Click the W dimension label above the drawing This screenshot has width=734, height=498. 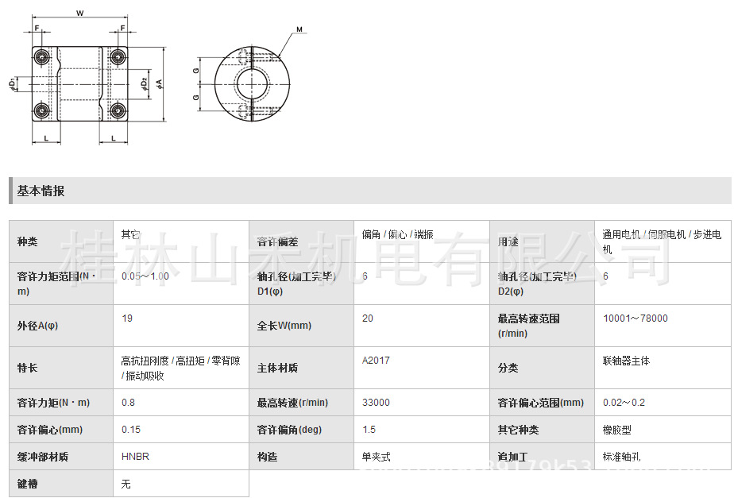coord(80,13)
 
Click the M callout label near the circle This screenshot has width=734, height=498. coord(299,30)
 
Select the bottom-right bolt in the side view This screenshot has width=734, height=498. coord(118,110)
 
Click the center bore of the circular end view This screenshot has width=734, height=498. coord(253,83)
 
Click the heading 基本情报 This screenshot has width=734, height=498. coord(41,191)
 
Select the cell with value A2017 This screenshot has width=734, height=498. coord(376,361)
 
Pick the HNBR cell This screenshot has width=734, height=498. coord(135,457)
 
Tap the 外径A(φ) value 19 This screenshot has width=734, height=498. coord(127,318)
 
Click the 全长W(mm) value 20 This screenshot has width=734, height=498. coord(368,318)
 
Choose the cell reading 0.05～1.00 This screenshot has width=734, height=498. coord(145,276)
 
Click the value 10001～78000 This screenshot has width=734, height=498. coord(635,318)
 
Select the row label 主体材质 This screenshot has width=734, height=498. coord(277,369)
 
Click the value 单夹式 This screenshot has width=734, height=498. coord(377,457)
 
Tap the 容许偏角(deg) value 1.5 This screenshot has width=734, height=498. coord(369,430)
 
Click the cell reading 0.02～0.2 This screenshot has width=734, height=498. coord(624,403)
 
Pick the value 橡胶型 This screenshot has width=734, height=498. coord(616,430)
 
